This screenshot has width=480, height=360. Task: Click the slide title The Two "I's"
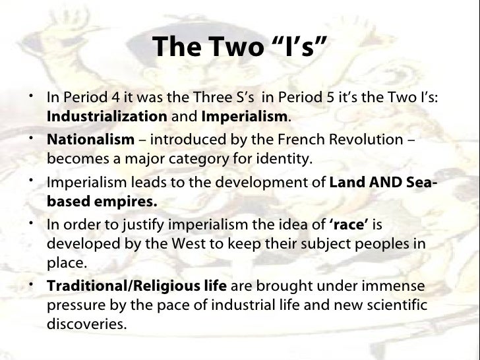coord(239,46)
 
